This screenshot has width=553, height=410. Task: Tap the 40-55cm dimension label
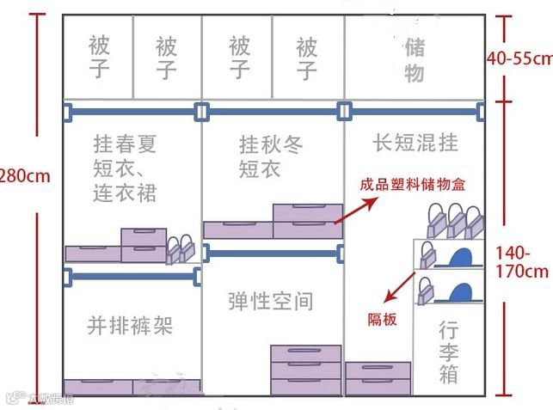[x=519, y=58]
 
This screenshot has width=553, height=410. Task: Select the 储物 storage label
[x=414, y=59]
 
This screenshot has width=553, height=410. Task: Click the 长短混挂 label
[x=415, y=141]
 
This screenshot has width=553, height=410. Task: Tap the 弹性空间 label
[x=270, y=301]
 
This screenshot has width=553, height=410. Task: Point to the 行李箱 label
[x=448, y=352]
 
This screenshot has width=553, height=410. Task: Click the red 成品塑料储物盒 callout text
[x=415, y=184]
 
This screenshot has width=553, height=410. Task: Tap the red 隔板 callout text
[x=383, y=319]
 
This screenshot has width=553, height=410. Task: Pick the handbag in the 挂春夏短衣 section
[x=180, y=249]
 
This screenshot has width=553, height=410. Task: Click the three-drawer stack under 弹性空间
[x=306, y=370]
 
